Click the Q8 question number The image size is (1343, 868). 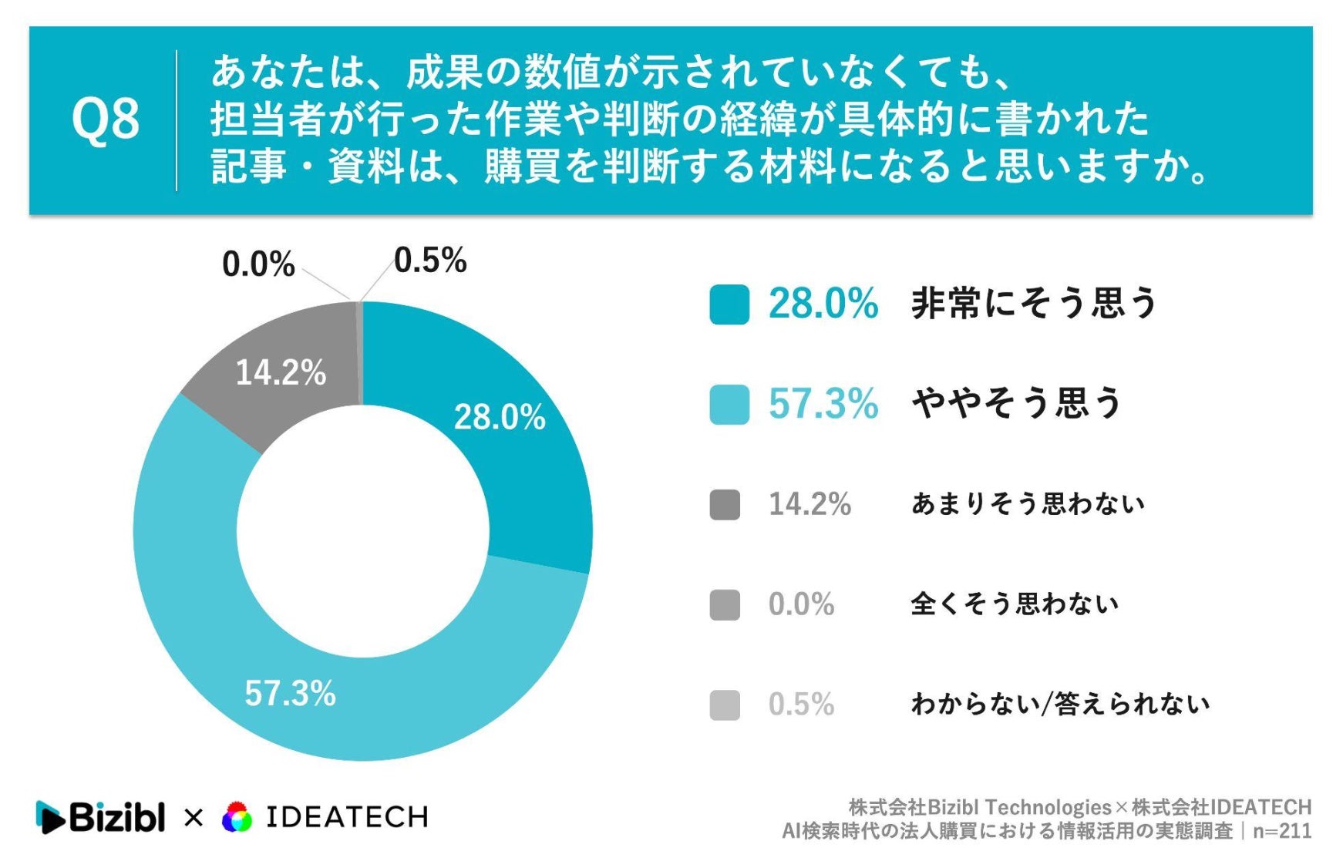pos(105,119)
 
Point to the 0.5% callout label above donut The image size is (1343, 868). pos(430,261)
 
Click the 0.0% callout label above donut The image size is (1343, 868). pos(258,264)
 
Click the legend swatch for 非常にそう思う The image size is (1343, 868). pos(729,304)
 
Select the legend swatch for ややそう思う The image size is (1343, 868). pos(729,404)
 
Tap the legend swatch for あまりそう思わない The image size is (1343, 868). pos(725,505)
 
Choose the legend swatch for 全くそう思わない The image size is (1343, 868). pos(725,605)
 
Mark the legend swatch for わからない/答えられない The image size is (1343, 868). pos(725,705)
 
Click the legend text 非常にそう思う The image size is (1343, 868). pos(1035,303)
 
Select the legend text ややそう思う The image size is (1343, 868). pos(1017,403)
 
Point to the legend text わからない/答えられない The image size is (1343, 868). pos(1060,704)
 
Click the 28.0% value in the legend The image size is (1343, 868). pos(823,304)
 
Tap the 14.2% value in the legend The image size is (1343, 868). pos(810,504)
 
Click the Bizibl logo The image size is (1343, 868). pos(100,817)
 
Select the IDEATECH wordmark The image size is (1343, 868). pos(347,817)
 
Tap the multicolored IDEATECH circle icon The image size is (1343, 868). pos(237,817)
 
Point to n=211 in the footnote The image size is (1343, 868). pos(1282,831)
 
